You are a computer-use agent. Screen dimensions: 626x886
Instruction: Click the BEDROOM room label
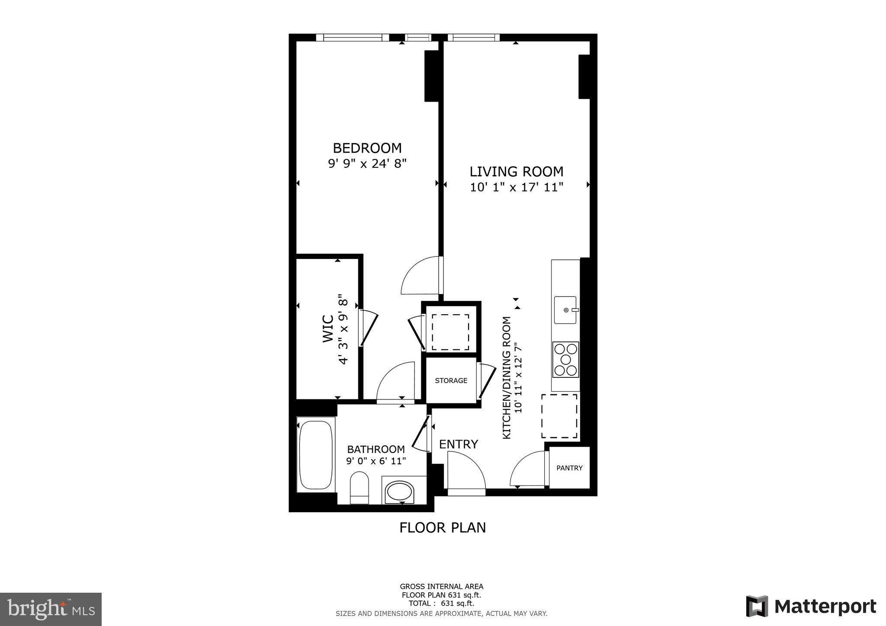pos(367,148)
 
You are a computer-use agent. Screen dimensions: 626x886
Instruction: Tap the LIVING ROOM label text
pos(517,172)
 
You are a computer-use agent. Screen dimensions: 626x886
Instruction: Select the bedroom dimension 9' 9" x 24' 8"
pos(367,164)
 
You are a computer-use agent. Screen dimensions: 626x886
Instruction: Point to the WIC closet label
pos(328,329)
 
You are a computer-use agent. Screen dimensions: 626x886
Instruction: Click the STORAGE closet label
pos(451,381)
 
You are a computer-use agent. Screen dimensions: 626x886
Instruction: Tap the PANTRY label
pos(569,468)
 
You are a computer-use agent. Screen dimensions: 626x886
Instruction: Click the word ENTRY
pos(458,444)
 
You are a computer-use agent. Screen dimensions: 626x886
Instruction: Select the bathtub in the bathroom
pos(316,454)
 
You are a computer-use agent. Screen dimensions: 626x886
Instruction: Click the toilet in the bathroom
pos(359,487)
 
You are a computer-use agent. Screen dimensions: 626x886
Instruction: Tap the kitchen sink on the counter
pos(565,310)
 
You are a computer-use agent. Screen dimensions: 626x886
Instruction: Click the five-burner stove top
pos(565,359)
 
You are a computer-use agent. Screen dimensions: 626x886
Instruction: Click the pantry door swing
pos(529,469)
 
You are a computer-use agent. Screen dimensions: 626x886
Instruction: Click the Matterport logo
pos(811,607)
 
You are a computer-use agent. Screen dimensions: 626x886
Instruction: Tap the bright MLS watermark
pos(51,609)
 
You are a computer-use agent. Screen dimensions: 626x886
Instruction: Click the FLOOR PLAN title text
pos(443,528)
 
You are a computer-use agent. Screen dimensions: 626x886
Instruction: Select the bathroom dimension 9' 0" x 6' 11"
pos(376,461)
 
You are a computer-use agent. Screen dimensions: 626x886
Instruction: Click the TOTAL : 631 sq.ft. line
pos(441,604)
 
